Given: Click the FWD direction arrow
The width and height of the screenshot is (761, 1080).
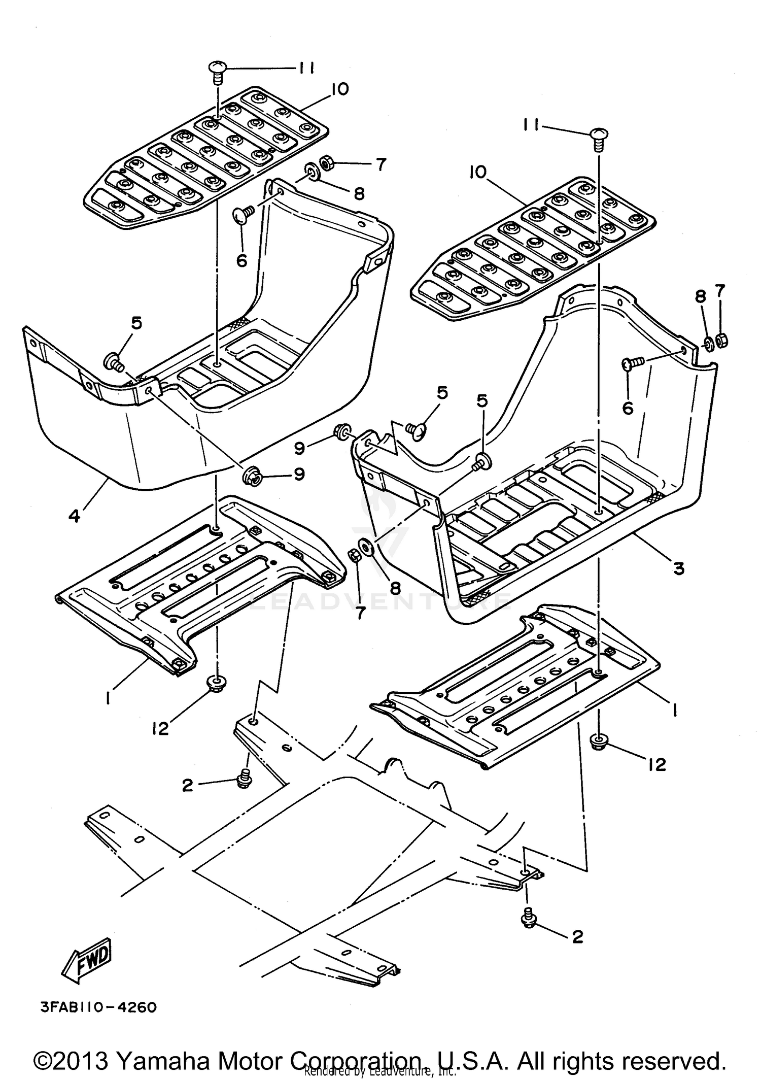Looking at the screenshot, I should pyautogui.click(x=87, y=958).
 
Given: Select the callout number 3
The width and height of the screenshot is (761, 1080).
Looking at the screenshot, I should pyautogui.click(x=679, y=568).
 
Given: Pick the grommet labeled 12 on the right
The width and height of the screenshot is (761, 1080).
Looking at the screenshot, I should pyautogui.click(x=600, y=744).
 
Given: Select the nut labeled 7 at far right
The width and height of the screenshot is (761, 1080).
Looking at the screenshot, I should pyautogui.click(x=722, y=340).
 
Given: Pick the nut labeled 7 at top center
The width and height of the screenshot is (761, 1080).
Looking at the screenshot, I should pyautogui.click(x=324, y=163).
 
